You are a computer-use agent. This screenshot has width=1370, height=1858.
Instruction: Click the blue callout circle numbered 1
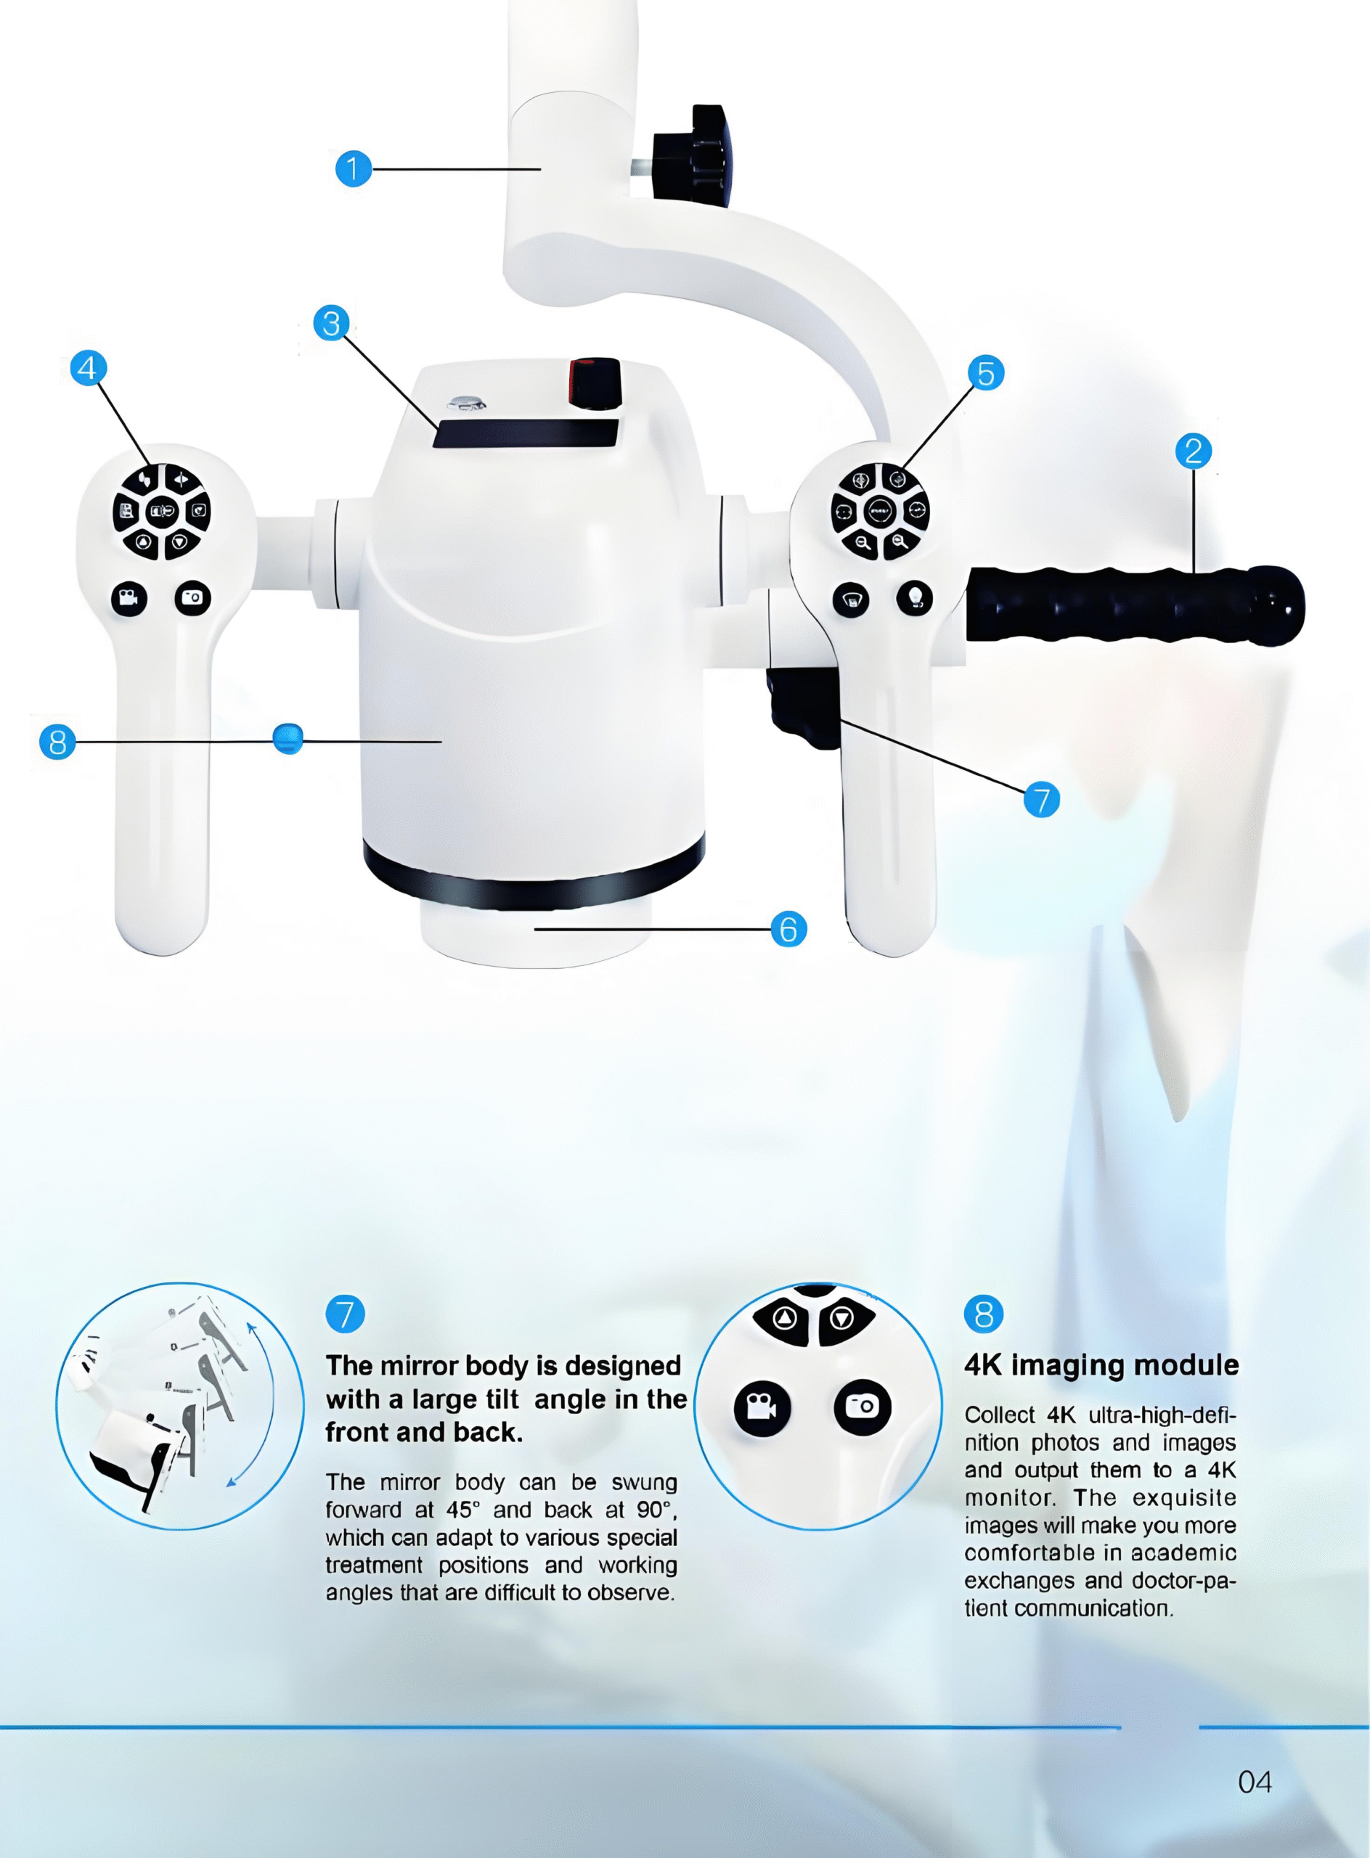pyautogui.click(x=354, y=168)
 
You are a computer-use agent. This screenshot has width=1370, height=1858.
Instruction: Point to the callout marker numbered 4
pyautogui.click(x=88, y=367)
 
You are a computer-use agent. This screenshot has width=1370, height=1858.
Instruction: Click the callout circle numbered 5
pyautogui.click(x=985, y=373)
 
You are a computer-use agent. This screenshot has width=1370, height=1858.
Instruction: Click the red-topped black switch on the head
pyautogui.click(x=595, y=383)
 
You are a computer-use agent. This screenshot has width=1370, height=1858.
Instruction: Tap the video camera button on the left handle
pyautogui.click(x=129, y=598)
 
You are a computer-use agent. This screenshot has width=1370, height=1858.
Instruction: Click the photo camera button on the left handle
pyautogui.click(x=192, y=597)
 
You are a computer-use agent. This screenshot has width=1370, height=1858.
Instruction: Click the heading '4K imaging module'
pyautogui.click(x=1101, y=1365)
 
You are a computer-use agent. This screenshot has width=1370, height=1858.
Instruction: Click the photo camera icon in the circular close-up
pyautogui.click(x=863, y=1406)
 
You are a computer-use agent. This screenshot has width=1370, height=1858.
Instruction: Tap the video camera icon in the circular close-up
pyautogui.click(x=762, y=1407)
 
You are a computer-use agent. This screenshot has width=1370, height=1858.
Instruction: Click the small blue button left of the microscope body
pyautogui.click(x=288, y=737)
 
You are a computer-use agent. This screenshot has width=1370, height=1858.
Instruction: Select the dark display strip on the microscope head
pyautogui.click(x=526, y=433)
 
